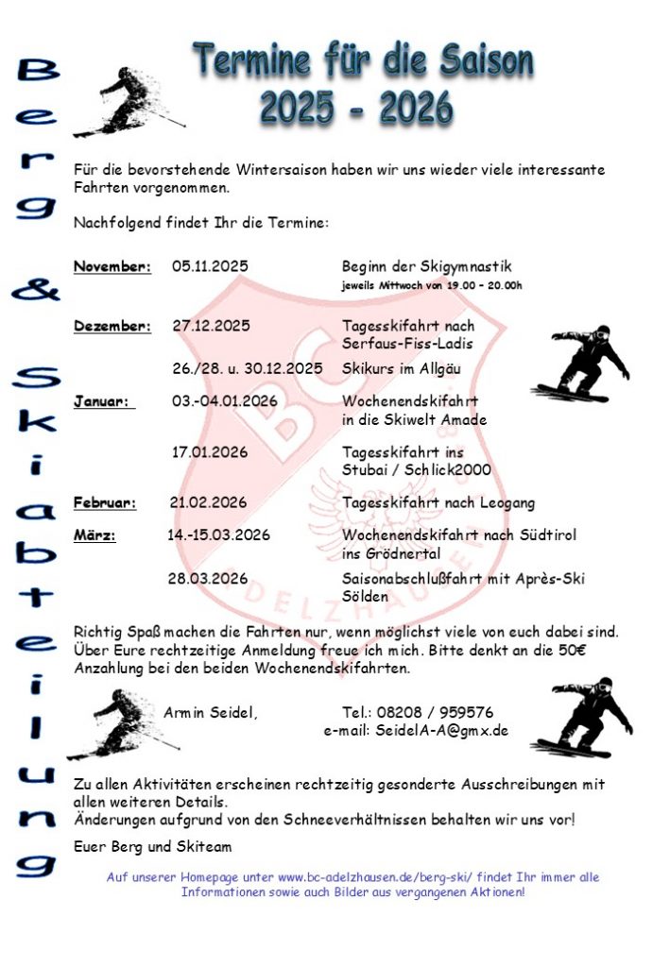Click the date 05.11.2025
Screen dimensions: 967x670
pyautogui.click(x=210, y=266)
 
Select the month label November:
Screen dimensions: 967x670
pyautogui.click(x=112, y=266)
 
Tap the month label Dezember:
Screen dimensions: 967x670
pyautogui.click(x=112, y=326)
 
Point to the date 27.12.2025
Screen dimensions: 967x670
pyautogui.click(x=211, y=326)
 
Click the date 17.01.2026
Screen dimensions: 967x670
pyautogui.click(x=210, y=451)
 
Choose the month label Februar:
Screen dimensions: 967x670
pyautogui.click(x=105, y=502)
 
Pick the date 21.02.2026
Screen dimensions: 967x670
pyautogui.click(x=208, y=502)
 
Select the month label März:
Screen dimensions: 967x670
pyautogui.click(x=94, y=534)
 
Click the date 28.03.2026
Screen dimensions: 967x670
pyautogui.click(x=208, y=578)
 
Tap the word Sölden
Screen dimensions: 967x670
pyautogui.click(x=365, y=597)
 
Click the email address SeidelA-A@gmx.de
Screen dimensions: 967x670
pyautogui.click(x=441, y=730)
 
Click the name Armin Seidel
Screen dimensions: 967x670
pyautogui.click(x=210, y=712)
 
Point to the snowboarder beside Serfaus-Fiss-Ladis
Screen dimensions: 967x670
pyautogui.click(x=582, y=364)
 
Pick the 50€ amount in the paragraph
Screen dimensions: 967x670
pyautogui.click(x=599, y=650)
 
